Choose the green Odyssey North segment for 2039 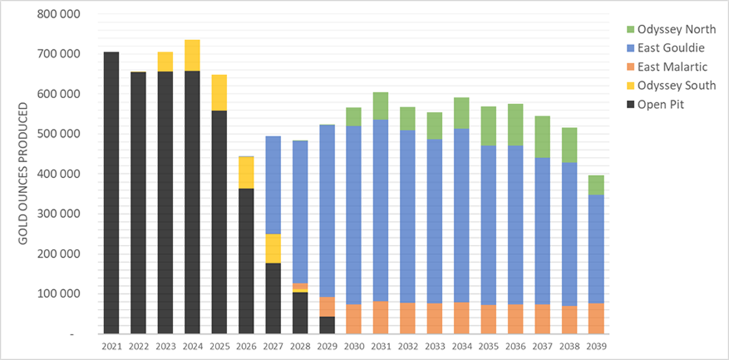[596, 185]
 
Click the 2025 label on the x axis [219, 346]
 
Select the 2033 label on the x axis [434, 346]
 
